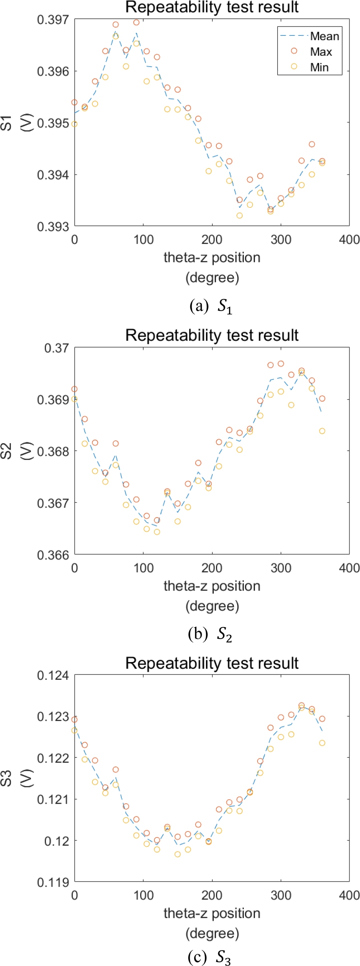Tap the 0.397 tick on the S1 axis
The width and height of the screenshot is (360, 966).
pos(53,20)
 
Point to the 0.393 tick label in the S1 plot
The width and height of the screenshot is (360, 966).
pos(53,226)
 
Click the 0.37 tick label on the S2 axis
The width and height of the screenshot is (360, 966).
pos(56,348)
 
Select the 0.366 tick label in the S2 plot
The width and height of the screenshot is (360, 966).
pos(53,555)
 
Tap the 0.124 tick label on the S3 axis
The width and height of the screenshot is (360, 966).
pos(53,675)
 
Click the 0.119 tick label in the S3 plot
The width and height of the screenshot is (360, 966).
pos(53,883)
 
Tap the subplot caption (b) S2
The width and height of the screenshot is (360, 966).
pos(210,634)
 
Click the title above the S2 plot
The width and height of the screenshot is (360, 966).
pos(212,335)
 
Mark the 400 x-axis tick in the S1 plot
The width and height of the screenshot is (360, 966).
pos(349,240)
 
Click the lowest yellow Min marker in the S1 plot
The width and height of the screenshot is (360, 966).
pos(240,216)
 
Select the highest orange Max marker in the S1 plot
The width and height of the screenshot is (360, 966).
pos(137,23)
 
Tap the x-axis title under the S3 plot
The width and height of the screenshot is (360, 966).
pos(212,923)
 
